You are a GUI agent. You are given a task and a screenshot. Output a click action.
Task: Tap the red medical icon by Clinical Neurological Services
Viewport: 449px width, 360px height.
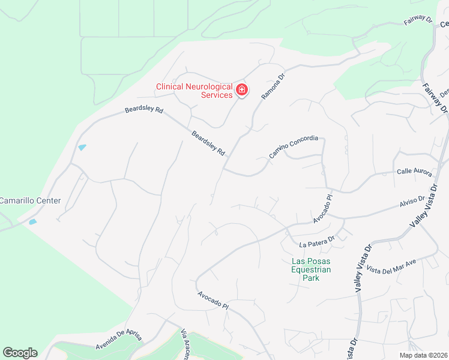(242, 91)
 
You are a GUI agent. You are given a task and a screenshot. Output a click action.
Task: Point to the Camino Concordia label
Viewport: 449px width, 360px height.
(293, 147)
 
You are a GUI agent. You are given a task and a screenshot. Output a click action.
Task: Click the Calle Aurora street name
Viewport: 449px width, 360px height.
(414, 172)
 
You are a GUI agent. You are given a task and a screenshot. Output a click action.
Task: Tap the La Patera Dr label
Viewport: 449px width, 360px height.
(316, 242)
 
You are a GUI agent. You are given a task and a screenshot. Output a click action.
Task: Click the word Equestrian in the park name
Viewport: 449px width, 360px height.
(311, 269)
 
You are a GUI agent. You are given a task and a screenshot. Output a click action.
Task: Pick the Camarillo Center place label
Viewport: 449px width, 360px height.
(30, 200)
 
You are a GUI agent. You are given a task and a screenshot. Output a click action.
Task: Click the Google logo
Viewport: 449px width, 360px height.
(20, 353)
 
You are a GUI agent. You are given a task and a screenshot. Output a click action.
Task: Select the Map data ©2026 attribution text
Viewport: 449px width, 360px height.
(423, 355)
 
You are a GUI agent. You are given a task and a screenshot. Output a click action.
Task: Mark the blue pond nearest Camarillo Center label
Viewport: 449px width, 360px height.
(32, 222)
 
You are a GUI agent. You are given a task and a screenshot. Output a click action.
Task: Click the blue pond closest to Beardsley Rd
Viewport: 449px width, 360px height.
(82, 148)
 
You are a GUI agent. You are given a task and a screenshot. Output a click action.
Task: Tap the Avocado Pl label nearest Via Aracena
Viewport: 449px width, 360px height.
(213, 301)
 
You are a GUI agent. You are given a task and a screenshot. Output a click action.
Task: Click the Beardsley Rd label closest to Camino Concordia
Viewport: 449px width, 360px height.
(208, 144)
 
